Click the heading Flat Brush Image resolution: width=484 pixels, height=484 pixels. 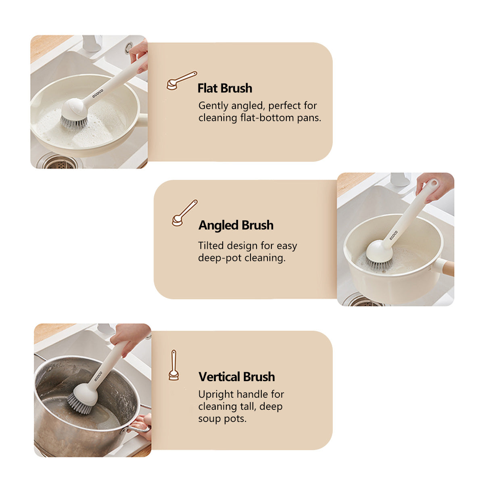[225, 88]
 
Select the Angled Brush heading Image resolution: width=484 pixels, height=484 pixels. [236, 225]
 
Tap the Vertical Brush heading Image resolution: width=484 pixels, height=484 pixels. [237, 377]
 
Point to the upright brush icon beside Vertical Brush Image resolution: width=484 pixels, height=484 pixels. [174, 365]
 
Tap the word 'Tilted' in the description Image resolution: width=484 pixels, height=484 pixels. [211, 245]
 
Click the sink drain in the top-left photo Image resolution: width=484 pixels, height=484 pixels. [59, 162]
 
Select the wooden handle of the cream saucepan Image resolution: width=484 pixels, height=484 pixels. [448, 269]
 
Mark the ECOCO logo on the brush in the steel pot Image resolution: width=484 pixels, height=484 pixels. [98, 376]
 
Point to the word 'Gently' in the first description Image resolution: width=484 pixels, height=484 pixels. [213, 106]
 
